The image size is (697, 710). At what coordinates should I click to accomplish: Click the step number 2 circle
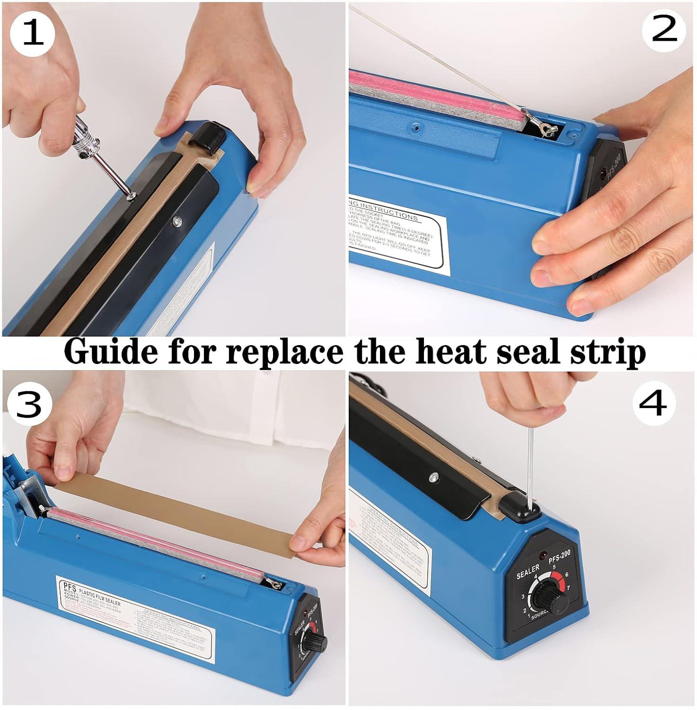(664, 31)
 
